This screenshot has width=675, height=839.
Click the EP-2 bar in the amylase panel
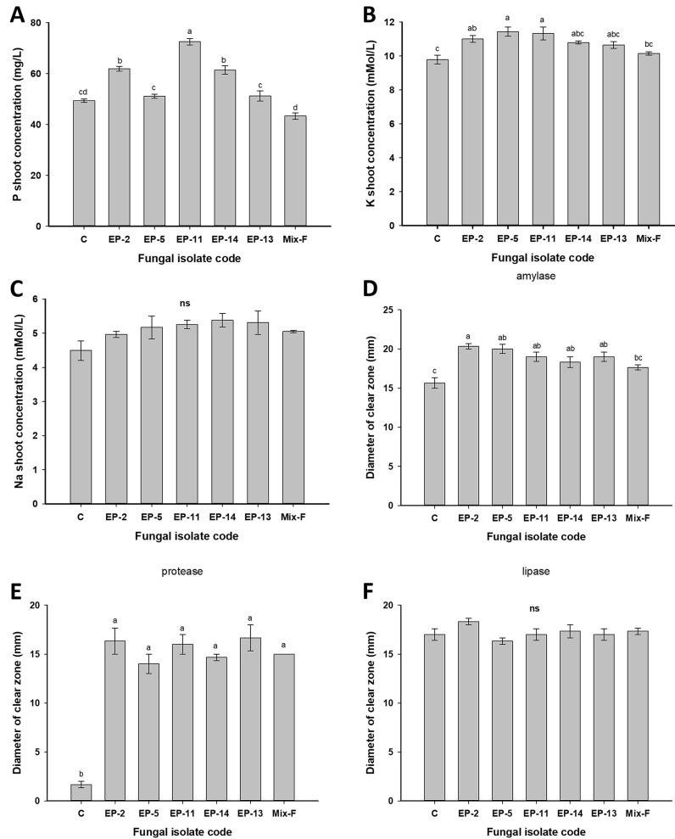467,425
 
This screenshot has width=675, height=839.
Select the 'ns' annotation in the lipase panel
534,607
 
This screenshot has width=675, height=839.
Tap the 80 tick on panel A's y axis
57,22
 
